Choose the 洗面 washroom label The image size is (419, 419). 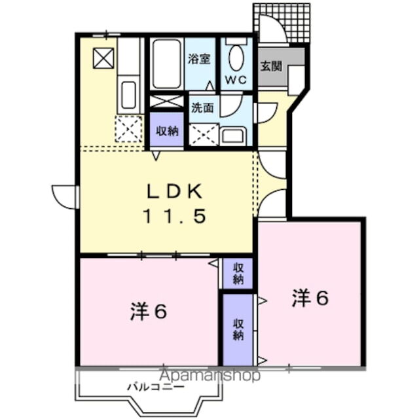pyautogui.click(x=202, y=109)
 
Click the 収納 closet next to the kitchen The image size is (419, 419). pyautogui.click(x=167, y=130)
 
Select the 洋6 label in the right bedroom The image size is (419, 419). pyautogui.click(x=310, y=298)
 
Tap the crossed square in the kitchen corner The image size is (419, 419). pyautogui.click(x=103, y=58)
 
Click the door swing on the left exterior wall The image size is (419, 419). pyautogui.click(x=64, y=195)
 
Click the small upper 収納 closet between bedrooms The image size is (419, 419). pyautogui.click(x=238, y=273)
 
